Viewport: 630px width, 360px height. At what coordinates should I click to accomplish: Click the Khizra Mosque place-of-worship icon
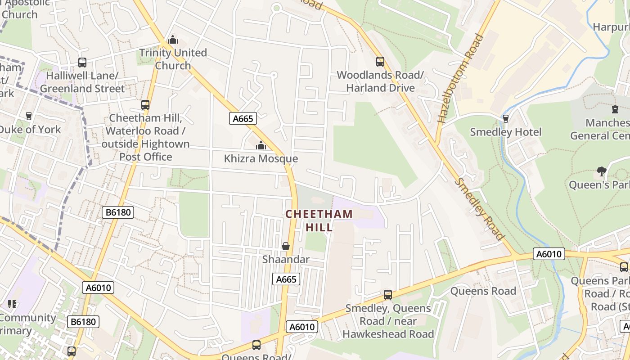pyautogui.click(x=261, y=145)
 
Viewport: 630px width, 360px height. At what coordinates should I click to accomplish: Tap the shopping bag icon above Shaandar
pyautogui.click(x=285, y=246)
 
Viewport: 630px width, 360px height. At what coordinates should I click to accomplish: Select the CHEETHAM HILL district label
pyautogui.click(x=319, y=220)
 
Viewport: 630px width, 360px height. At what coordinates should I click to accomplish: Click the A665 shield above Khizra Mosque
pyautogui.click(x=243, y=118)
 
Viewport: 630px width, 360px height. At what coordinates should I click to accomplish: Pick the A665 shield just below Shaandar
pyautogui.click(x=286, y=279)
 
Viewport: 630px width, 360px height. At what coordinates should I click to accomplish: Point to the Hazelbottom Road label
pyautogui.click(x=460, y=78)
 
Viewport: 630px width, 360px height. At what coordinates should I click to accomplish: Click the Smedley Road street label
pyautogui.click(x=479, y=209)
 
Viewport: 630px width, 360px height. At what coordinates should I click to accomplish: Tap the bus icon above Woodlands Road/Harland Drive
pyautogui.click(x=380, y=62)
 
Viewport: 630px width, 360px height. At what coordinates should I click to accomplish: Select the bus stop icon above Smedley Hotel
pyautogui.click(x=505, y=118)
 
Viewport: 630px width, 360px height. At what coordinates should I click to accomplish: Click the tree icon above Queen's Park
pyautogui.click(x=601, y=171)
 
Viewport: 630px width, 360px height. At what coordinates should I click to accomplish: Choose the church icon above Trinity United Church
pyautogui.click(x=173, y=40)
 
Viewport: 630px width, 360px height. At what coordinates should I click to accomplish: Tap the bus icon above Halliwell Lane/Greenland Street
pyautogui.click(x=82, y=63)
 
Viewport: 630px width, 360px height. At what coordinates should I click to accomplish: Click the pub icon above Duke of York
pyautogui.click(x=29, y=116)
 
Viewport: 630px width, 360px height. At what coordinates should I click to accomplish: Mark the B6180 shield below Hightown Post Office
pyautogui.click(x=118, y=212)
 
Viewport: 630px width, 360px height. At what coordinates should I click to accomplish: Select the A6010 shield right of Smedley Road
pyautogui.click(x=549, y=254)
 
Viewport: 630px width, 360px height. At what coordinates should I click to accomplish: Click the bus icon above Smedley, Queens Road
pyautogui.click(x=387, y=295)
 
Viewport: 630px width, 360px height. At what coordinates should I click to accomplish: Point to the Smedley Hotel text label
pyautogui.click(x=505, y=132)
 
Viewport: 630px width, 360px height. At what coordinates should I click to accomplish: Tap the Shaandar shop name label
pyautogui.click(x=286, y=260)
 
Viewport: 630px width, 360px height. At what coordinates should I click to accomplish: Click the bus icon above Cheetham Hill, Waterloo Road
pyautogui.click(x=145, y=105)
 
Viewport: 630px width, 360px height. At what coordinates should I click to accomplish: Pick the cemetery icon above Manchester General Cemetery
pyautogui.click(x=615, y=109)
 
